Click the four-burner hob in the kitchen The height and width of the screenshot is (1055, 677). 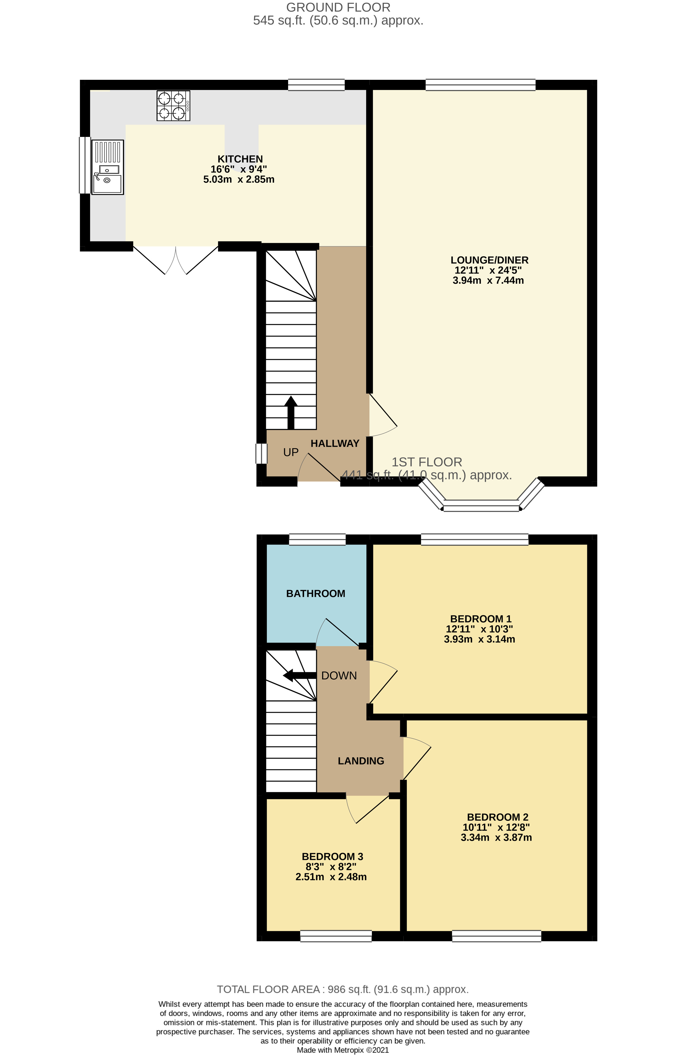point(174,106)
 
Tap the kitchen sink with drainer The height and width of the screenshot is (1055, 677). point(108,167)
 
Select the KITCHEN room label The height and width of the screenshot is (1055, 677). point(240,159)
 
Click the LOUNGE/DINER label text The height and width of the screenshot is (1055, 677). point(489,260)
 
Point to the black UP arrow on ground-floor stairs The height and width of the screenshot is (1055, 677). point(290,413)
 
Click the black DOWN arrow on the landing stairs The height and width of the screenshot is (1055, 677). point(299,675)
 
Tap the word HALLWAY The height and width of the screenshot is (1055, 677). point(335,443)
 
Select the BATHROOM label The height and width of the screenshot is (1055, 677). point(316,593)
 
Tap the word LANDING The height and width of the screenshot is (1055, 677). point(361,761)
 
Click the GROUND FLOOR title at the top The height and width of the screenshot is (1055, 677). point(338,7)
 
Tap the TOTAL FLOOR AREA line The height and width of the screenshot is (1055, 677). point(343,989)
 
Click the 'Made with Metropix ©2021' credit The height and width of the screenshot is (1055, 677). point(343,1050)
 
